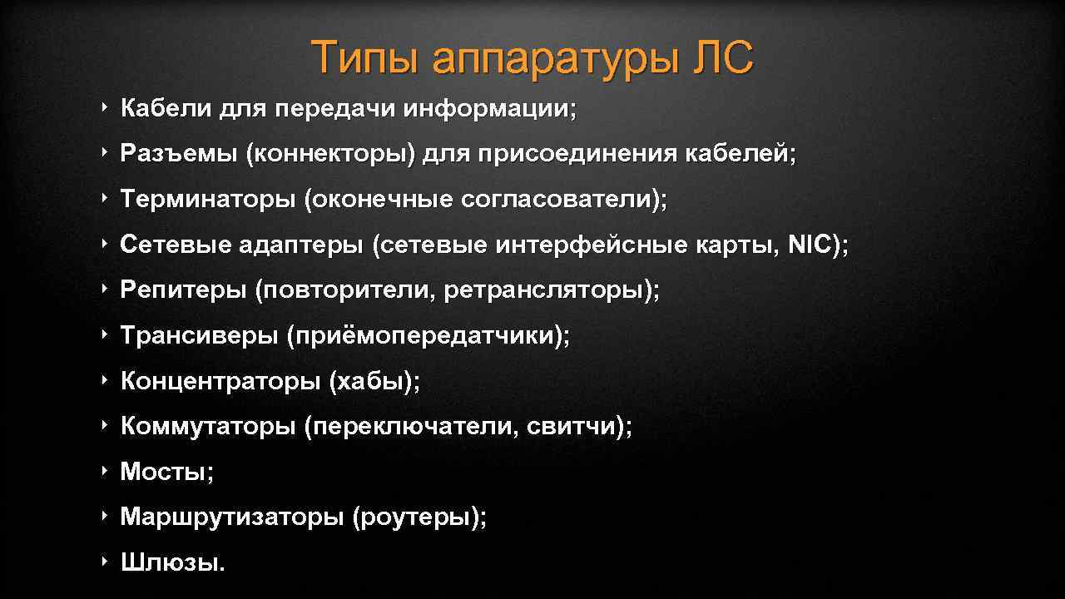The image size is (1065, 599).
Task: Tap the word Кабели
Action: click(x=166, y=109)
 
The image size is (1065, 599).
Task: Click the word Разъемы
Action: click(x=178, y=154)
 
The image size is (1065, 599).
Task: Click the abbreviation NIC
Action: click(x=810, y=245)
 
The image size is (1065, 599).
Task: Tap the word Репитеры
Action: click(x=183, y=290)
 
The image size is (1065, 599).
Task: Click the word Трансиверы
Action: click(x=199, y=336)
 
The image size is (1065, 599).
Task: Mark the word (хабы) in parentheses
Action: click(x=374, y=382)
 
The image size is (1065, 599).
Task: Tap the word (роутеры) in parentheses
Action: click(x=419, y=517)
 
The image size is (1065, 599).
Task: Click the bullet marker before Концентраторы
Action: click(x=104, y=381)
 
